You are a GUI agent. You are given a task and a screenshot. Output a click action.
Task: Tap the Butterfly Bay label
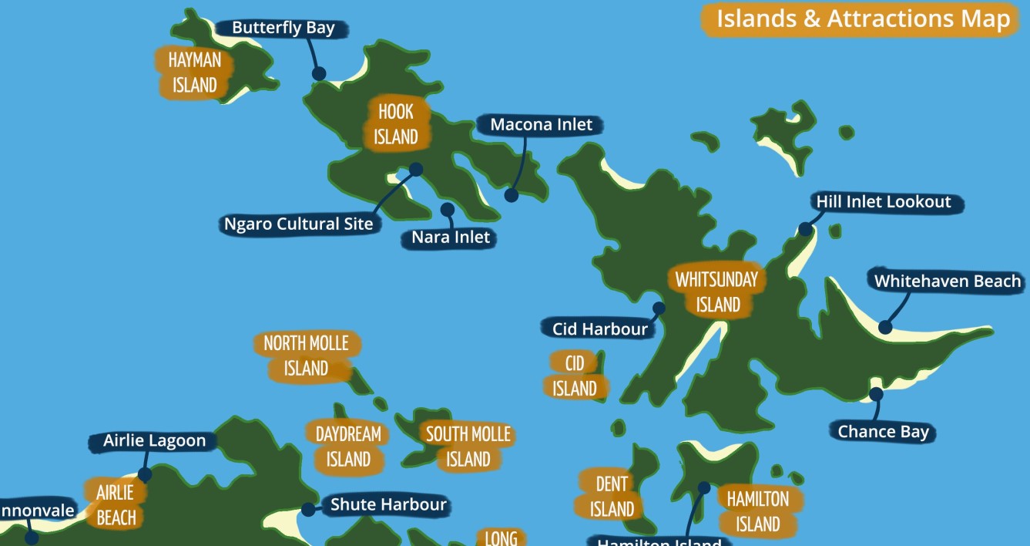283,29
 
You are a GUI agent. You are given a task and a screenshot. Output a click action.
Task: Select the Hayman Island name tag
194,72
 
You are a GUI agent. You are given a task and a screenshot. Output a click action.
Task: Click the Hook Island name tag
395,123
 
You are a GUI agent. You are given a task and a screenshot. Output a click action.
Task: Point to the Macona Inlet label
541,125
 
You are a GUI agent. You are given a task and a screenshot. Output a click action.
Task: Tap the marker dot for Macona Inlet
512,195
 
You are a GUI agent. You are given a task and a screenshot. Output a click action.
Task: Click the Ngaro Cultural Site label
298,224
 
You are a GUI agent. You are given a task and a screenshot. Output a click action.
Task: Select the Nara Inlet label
450,238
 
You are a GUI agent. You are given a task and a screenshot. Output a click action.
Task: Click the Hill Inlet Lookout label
884,202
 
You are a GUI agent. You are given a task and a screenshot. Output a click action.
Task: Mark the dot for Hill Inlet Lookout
805,229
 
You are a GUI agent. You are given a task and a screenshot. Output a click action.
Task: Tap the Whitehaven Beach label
947,281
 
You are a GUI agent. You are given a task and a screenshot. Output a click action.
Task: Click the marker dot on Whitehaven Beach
885,327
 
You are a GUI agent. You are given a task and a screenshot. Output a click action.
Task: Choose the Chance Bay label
883,432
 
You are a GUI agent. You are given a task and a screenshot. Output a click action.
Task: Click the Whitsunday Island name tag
716,292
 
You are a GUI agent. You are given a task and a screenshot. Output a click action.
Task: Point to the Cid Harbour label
599,329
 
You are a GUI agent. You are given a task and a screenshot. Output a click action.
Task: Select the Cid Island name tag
575,376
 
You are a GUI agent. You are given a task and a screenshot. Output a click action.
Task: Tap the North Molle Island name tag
306,356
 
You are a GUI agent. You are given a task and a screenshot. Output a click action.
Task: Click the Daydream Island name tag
348,447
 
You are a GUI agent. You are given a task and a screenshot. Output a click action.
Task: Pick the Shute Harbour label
388,505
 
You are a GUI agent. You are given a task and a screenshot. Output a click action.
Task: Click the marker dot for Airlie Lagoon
144,474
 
